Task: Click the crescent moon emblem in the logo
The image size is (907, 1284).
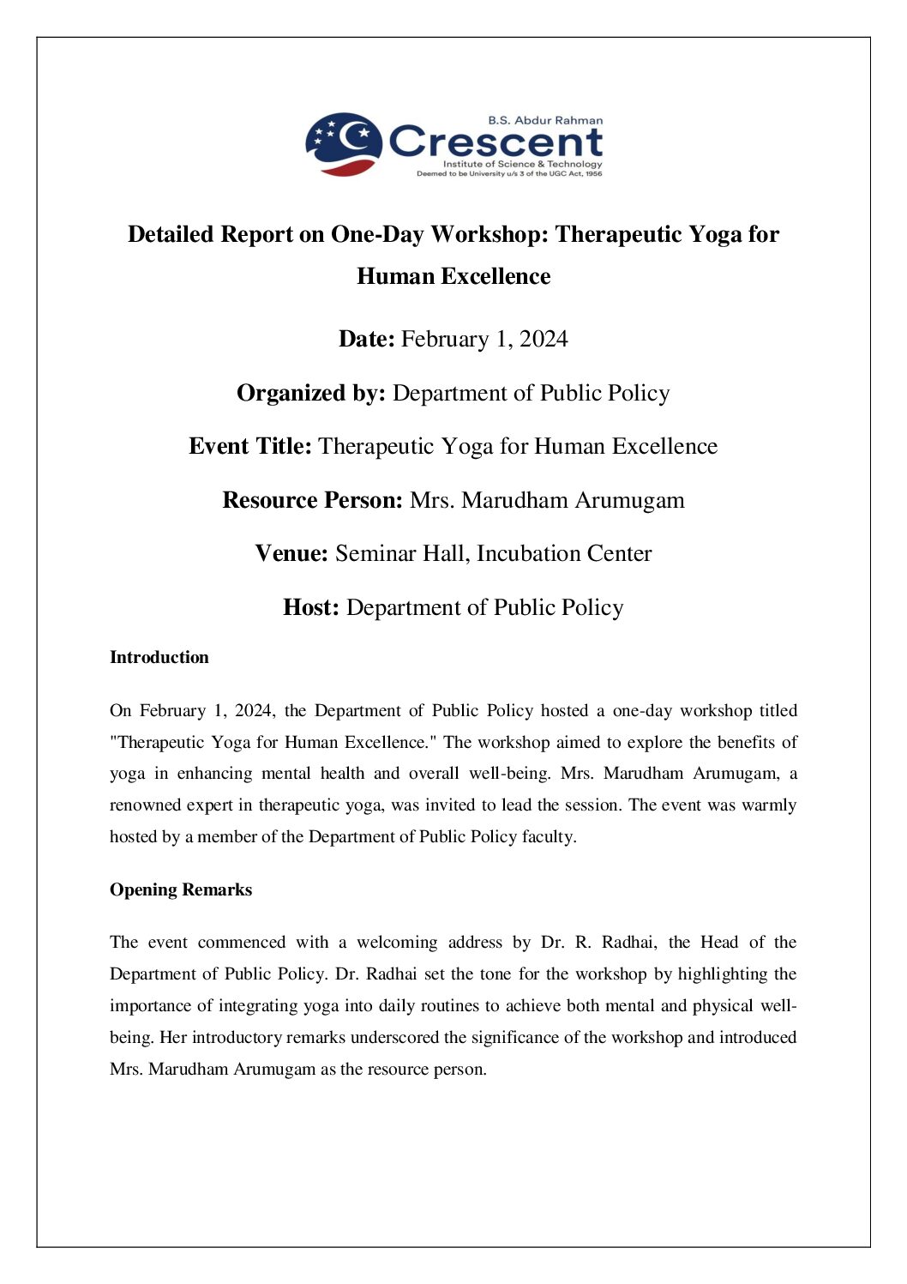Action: tap(344, 142)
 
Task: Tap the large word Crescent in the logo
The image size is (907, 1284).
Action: tap(496, 142)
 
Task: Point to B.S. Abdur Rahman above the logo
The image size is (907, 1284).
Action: tap(545, 121)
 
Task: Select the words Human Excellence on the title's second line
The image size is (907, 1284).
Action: tap(453, 276)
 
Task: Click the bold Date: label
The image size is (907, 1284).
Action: tap(367, 339)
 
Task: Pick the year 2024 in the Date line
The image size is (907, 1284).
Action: tap(544, 339)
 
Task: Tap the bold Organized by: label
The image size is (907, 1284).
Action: tap(311, 393)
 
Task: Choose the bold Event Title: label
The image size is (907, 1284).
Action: tap(250, 446)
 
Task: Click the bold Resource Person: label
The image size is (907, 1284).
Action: tap(312, 500)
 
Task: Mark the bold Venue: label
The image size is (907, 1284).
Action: tap(291, 553)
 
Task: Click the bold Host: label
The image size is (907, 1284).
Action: tap(311, 607)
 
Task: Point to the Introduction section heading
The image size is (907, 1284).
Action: tap(159, 657)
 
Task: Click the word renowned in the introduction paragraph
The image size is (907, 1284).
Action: tap(140, 805)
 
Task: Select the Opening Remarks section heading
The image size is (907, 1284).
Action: tap(181, 889)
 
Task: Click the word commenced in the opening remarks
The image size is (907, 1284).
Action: tap(242, 943)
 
